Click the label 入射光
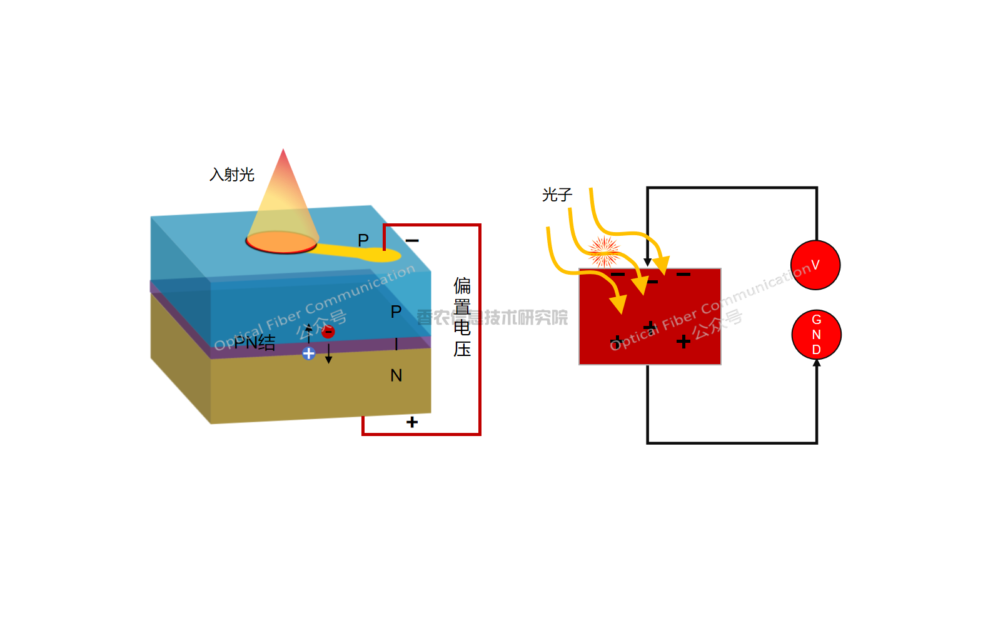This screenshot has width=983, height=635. point(232,175)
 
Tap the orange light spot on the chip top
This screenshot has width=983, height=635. point(281,241)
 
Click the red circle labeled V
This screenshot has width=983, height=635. point(815,265)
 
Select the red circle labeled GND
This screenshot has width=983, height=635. point(816,335)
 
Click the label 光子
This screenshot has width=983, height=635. point(557,195)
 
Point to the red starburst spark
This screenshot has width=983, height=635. point(604,251)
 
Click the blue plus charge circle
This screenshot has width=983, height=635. point(308,353)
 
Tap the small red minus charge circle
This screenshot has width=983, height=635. point(328,332)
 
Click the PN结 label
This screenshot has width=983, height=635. point(255,342)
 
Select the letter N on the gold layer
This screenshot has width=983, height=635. point(396,375)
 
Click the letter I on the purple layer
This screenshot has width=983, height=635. point(396,344)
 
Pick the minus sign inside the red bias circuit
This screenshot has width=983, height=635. point(412,240)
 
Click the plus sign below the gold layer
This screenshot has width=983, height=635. point(412,422)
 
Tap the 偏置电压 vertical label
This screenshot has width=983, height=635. point(462,317)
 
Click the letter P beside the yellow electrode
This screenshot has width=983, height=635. point(363,240)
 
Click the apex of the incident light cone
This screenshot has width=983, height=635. point(283,150)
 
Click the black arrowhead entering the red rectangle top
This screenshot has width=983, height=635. point(648,262)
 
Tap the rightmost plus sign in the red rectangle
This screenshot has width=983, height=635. point(683,341)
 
